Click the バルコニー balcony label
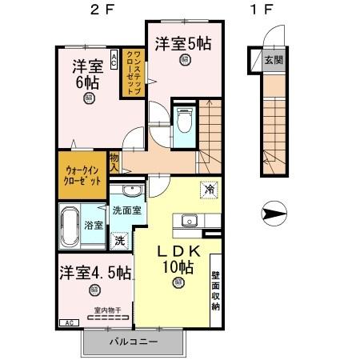pos(133,342)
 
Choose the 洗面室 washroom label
pos(127,210)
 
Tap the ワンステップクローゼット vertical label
pos(133,71)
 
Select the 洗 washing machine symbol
pos(118,238)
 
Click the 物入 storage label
pos(114,163)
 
